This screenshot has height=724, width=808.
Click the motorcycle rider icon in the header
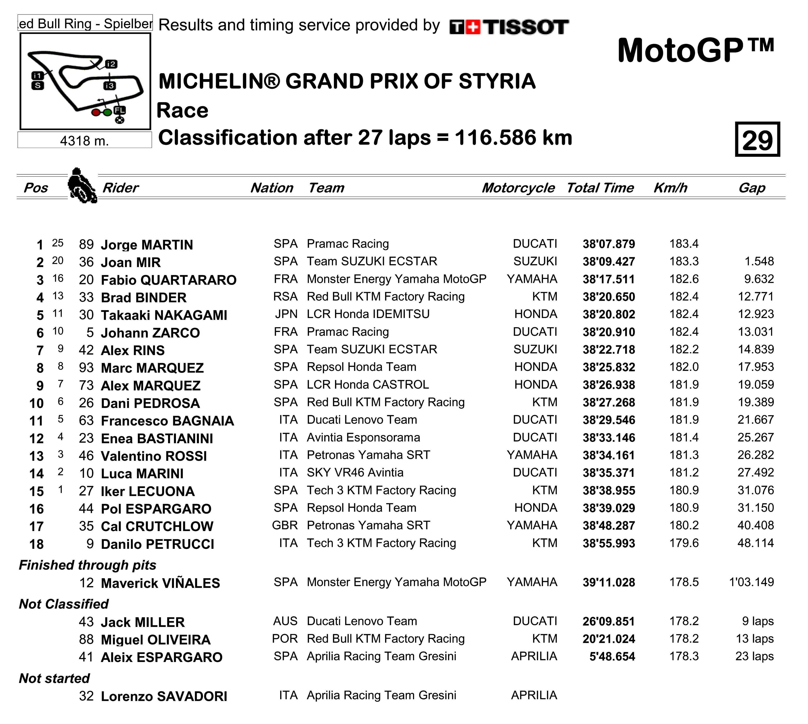tap(82, 186)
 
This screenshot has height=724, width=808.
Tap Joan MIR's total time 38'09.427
tap(609, 262)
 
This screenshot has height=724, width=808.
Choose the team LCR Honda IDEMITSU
tap(368, 314)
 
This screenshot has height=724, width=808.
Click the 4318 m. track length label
tap(84, 140)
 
